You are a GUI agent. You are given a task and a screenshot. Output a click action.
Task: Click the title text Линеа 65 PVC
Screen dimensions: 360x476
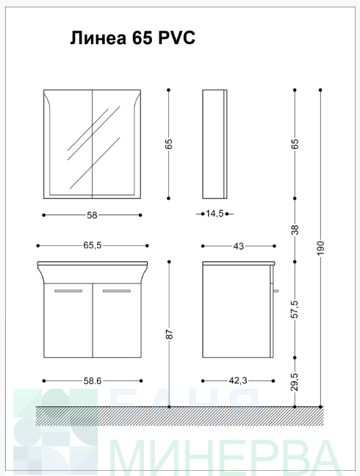coord(133,38)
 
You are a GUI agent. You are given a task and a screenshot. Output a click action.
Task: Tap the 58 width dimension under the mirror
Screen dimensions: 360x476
coord(92,215)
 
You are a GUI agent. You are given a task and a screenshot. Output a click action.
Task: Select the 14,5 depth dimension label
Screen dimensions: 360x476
coord(215,214)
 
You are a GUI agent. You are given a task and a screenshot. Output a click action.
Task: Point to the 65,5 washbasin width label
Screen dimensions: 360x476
coord(93,245)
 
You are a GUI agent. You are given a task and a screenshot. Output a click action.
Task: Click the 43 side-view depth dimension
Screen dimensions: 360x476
coord(239,246)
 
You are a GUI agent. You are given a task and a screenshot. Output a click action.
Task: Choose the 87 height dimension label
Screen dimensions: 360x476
coord(170,334)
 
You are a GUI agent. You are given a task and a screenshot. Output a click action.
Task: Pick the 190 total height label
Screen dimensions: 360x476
coord(320,248)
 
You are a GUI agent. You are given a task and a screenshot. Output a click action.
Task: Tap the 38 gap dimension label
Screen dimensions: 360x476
coord(295,229)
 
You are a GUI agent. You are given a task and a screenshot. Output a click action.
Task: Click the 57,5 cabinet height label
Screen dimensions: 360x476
coord(295,309)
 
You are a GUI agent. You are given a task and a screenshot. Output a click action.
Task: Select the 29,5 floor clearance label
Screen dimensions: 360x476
coord(295,382)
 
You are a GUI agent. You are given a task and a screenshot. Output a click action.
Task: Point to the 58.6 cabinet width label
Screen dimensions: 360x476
coord(93,381)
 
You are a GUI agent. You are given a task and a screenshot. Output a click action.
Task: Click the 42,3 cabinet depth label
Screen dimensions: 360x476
coord(238,381)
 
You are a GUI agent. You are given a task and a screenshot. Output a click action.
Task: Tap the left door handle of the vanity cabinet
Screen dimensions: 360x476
coord(68,291)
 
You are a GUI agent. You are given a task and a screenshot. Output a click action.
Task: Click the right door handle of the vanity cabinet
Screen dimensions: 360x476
coord(117,291)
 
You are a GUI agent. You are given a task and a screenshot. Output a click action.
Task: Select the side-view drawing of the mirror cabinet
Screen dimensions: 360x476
coord(215,144)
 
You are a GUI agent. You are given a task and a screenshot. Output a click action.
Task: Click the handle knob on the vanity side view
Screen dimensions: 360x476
coord(276,291)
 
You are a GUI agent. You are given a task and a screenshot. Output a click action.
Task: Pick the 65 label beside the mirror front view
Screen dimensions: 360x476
coord(170,143)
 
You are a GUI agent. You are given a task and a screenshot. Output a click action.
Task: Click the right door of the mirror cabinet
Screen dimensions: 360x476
coord(116,144)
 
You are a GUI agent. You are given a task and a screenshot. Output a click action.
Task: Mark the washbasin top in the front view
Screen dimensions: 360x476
coord(93,263)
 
